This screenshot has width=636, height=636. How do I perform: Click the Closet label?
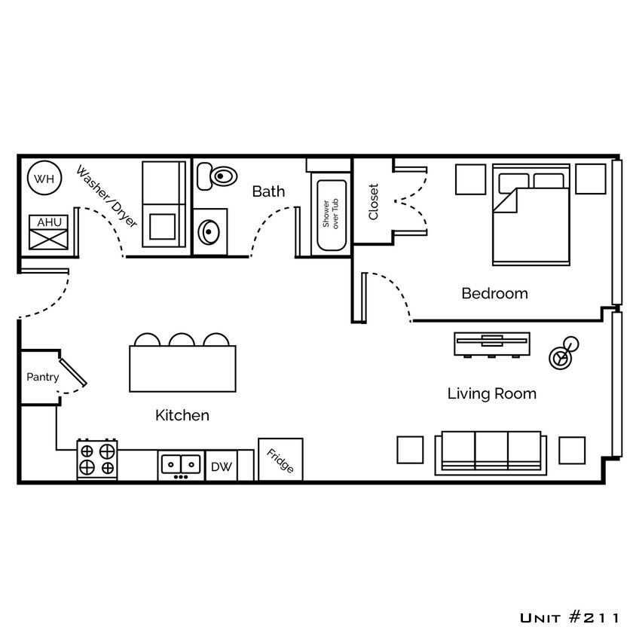[x=373, y=202]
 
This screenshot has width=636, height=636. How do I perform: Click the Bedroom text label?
[x=494, y=293]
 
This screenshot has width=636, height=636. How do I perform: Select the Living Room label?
[x=492, y=393]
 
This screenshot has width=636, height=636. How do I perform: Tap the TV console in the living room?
[x=491, y=344]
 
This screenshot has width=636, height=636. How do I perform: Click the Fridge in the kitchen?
[x=280, y=459]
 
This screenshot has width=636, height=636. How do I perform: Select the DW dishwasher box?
[x=222, y=467]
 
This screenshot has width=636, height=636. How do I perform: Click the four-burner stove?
[x=98, y=460]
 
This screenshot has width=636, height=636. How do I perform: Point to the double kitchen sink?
[x=181, y=464]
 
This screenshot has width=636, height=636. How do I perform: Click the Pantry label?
[x=42, y=377]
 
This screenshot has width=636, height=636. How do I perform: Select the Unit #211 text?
[x=570, y=618]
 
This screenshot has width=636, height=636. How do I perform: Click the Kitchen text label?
[x=182, y=415]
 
